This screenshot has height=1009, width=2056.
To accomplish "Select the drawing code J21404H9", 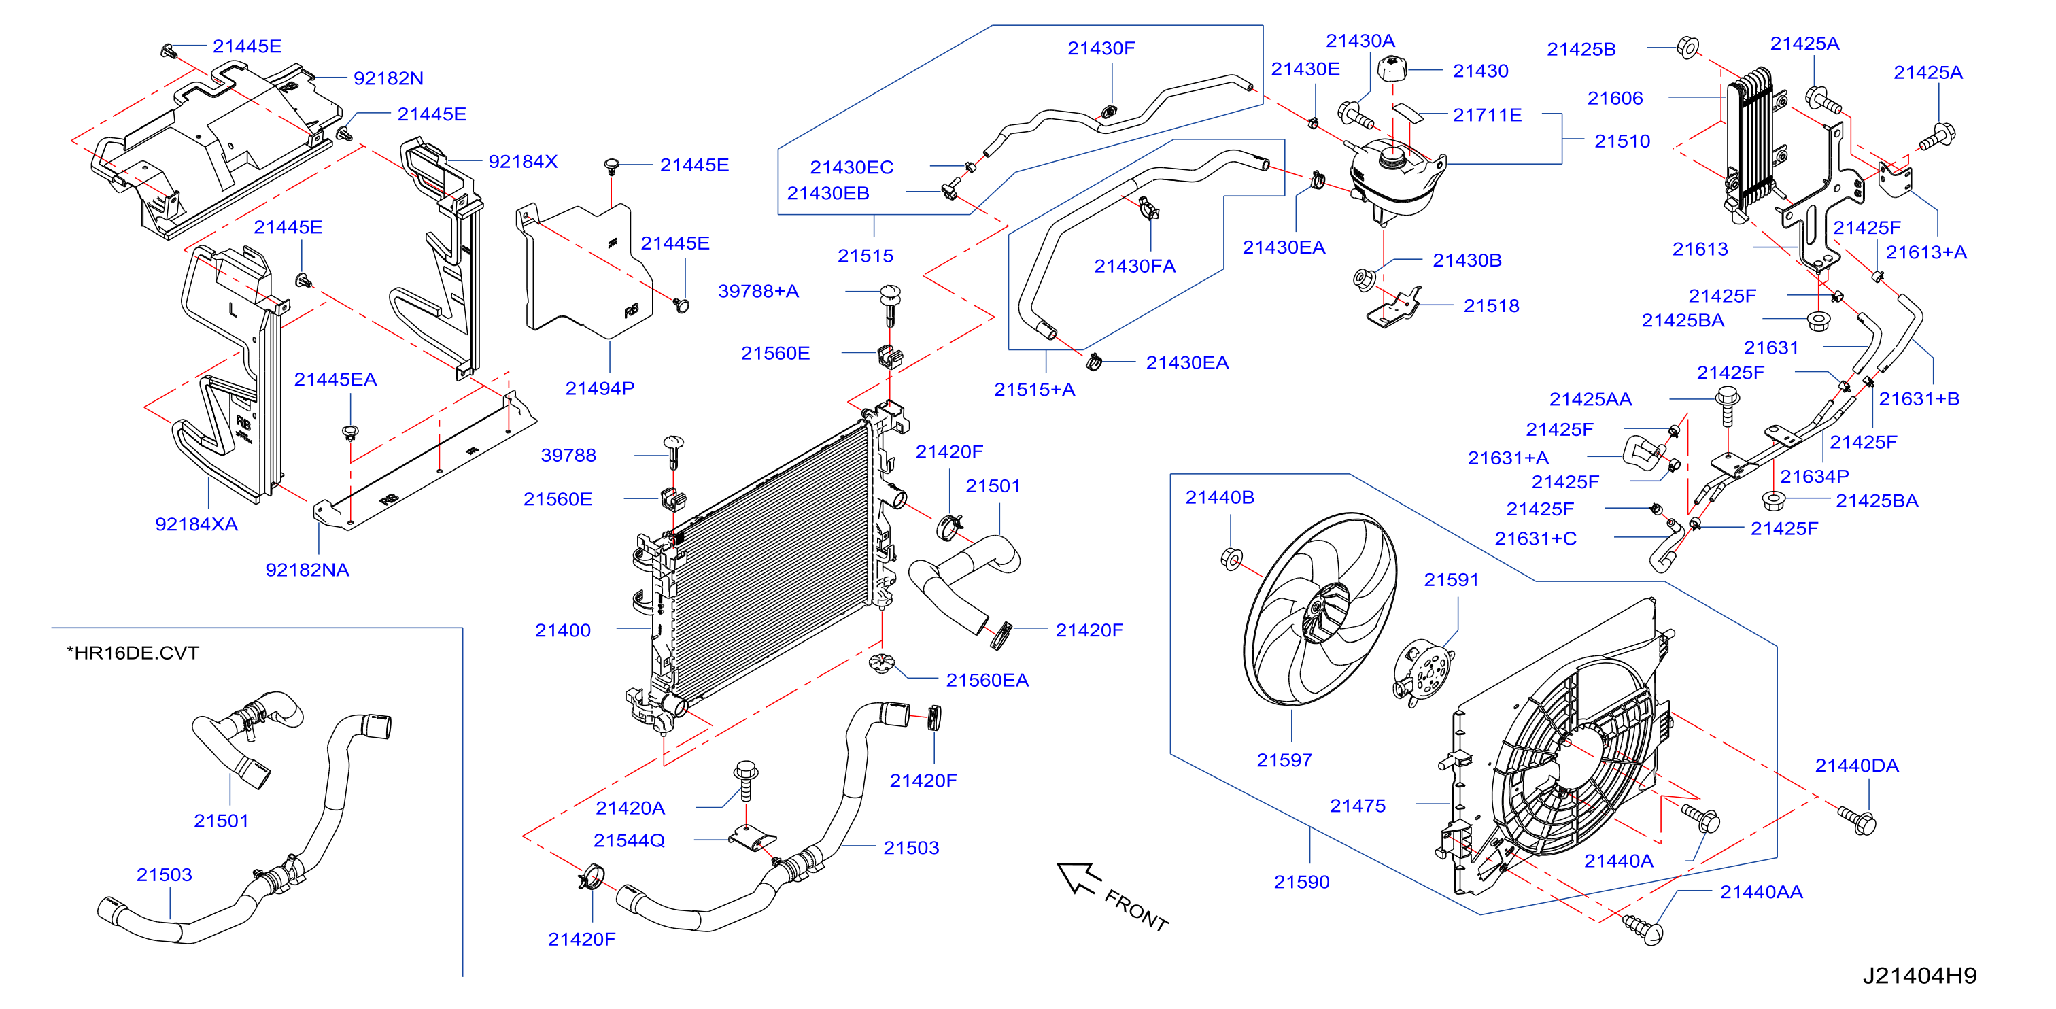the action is click(x=1919, y=976).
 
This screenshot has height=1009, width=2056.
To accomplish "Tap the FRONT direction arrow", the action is click(x=1078, y=878).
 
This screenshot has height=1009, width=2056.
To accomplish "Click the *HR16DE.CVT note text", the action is click(x=133, y=652).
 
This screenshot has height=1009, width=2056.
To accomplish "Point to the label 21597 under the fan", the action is click(x=1284, y=760).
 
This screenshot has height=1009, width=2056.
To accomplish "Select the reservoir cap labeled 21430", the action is click(x=1391, y=69).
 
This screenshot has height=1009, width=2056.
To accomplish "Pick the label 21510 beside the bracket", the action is click(x=1622, y=141).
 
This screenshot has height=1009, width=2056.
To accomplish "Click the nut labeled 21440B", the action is click(x=1231, y=558).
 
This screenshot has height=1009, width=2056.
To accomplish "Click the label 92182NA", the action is click(x=307, y=570).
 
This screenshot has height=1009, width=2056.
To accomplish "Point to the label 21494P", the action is click(x=600, y=388).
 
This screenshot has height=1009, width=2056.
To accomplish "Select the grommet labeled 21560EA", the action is click(x=882, y=662).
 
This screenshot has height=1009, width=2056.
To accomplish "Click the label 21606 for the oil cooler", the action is click(x=1615, y=98).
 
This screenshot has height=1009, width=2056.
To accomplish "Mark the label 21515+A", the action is click(x=1034, y=390).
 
